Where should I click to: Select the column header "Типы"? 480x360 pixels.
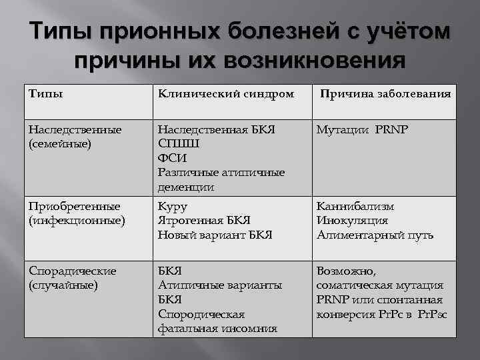[x=46, y=94]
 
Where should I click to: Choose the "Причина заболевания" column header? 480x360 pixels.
[x=385, y=94]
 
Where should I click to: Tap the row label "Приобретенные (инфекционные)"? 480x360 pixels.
[x=77, y=213]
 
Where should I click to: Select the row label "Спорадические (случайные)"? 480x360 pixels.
[x=73, y=278]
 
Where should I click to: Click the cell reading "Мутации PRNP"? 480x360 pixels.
[x=363, y=129]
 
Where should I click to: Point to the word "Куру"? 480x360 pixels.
[x=173, y=207]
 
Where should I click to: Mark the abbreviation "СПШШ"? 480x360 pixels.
[x=179, y=143]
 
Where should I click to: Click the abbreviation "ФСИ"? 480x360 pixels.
[x=172, y=158]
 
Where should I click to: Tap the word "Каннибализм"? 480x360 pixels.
[x=355, y=207]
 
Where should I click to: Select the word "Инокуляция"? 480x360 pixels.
[x=352, y=221]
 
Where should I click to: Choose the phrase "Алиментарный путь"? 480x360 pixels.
[x=375, y=235]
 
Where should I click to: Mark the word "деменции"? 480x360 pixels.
[x=186, y=187]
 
